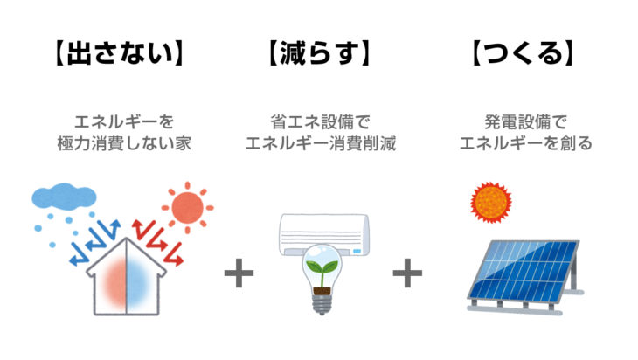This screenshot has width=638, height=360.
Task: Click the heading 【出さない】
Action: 119,53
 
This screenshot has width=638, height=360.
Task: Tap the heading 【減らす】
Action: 319,53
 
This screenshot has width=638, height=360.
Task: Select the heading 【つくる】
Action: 523,53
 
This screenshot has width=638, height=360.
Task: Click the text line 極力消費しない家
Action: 124,143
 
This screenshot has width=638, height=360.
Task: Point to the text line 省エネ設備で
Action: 320,121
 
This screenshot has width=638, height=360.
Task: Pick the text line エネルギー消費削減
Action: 321,143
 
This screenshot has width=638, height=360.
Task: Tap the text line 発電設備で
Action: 525,121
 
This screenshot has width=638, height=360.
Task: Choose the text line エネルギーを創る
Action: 526,143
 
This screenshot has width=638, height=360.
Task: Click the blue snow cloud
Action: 64,197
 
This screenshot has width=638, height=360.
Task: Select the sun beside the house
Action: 187,207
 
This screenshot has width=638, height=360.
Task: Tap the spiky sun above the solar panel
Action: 490,202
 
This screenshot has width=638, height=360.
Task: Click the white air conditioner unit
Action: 324,234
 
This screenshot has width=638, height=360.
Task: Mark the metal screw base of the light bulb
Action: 322,304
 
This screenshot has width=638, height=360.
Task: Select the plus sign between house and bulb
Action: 239,273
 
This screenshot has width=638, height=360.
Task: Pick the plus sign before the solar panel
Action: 407,273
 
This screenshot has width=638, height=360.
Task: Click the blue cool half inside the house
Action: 138,281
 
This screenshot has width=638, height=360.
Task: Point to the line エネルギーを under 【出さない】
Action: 124,121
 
